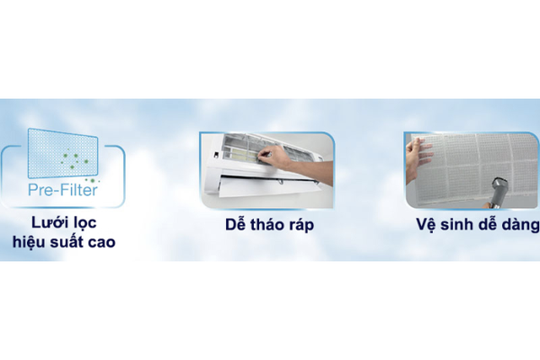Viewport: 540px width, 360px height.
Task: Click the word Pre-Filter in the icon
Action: (x=63, y=190)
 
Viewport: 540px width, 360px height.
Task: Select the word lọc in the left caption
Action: (x=85, y=223)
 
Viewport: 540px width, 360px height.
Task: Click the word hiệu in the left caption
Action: (x=29, y=242)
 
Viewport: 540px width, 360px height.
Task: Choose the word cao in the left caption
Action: (x=102, y=243)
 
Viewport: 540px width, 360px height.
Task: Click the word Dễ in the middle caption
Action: (x=236, y=224)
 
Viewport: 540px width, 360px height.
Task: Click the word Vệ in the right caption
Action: (x=425, y=224)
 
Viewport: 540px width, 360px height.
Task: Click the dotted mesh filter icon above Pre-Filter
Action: (x=63, y=153)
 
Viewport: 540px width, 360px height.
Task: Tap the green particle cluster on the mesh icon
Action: (x=74, y=159)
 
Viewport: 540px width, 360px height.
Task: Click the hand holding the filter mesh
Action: (x=417, y=159)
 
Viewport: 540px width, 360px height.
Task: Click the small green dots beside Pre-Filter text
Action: (x=92, y=181)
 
